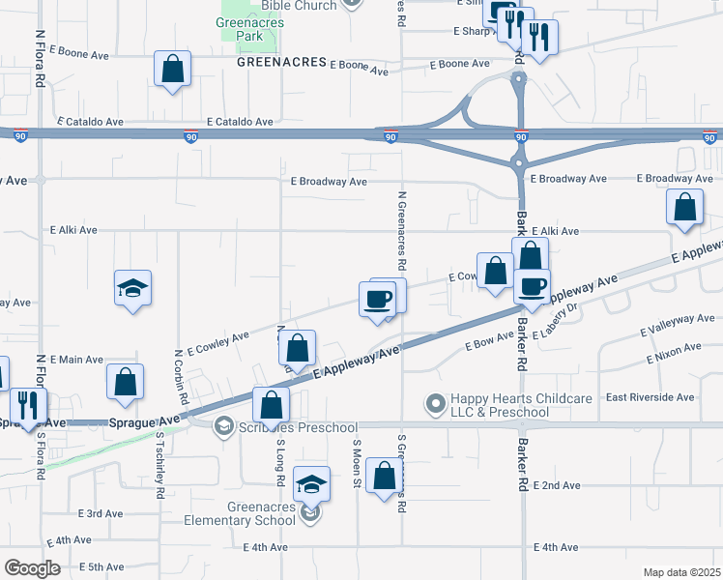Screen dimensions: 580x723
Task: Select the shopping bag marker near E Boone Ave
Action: click(x=172, y=70)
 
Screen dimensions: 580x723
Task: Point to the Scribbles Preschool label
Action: click(x=299, y=427)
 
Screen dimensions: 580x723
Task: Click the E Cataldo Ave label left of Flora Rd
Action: click(x=91, y=123)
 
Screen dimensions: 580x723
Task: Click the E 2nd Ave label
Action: click(x=556, y=485)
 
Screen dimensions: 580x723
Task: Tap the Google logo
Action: click(x=32, y=567)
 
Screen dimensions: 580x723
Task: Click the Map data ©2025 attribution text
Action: click(x=681, y=572)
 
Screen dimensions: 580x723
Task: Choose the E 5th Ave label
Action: click(x=103, y=566)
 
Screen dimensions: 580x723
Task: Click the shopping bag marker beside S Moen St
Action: click(x=384, y=477)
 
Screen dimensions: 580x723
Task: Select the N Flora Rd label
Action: click(x=42, y=60)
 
